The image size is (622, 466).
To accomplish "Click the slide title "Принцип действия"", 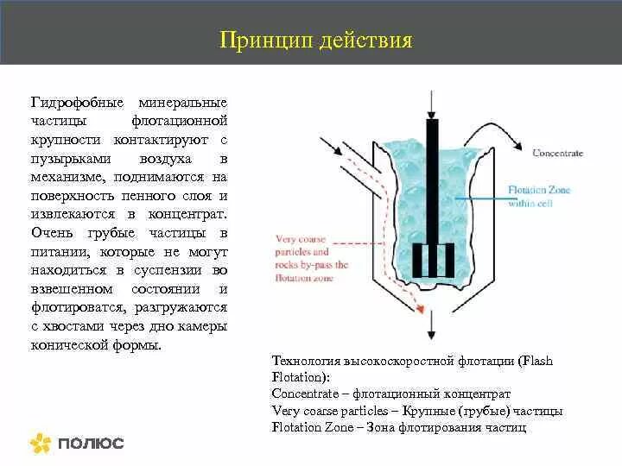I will [x=315, y=41].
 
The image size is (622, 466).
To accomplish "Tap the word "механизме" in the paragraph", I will [x=66, y=176].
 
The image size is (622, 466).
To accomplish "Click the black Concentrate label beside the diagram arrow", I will [x=557, y=153].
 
